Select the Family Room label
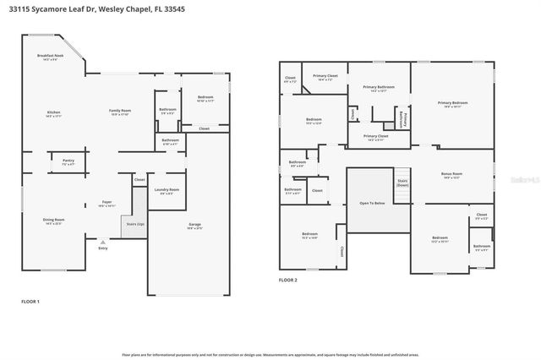(120, 112)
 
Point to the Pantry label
(68, 161)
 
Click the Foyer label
(107, 203)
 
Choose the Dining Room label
(54, 221)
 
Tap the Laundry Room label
(167, 190)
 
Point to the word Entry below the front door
(103, 248)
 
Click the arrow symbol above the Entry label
(103, 242)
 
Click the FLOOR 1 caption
(30, 301)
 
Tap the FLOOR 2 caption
(288, 280)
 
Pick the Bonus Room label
(452, 175)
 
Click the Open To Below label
(372, 204)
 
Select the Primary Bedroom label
(452, 103)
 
